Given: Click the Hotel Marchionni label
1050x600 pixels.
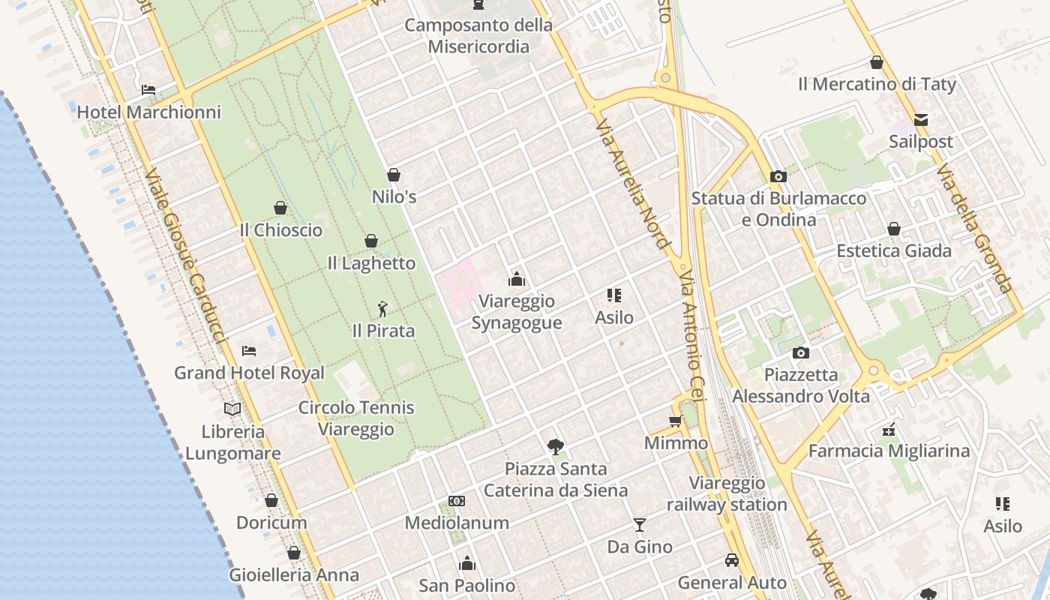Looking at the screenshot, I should tap(149, 112).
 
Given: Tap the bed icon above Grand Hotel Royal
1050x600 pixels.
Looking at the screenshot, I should tap(249, 350).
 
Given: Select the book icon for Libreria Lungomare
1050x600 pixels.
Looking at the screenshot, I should tap(232, 409).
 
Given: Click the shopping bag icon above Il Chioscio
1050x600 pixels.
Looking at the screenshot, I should tap(280, 208).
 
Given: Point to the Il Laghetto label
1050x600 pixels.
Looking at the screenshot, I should tap(371, 263).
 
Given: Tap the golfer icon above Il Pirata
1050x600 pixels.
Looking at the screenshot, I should tap(382, 308).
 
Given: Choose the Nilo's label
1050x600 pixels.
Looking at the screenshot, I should tap(394, 196).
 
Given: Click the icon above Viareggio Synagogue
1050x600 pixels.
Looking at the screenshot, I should tap(516, 280).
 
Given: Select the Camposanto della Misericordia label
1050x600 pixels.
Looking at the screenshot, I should tap(478, 35).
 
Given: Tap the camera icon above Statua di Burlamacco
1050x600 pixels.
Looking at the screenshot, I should tap(778, 176).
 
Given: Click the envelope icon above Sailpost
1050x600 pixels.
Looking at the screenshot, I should tap(921, 119).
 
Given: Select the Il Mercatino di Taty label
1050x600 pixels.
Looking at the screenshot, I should tap(877, 84).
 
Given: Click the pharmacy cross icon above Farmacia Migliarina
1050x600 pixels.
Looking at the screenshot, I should tap(889, 430).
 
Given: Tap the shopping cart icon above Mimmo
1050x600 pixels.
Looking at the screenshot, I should tap(675, 421).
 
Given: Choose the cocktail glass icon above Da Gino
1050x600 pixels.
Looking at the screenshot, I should tap(639, 524).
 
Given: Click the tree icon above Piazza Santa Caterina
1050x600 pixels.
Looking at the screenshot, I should tap(555, 447).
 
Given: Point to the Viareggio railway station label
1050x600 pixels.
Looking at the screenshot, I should tap(727, 493).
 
